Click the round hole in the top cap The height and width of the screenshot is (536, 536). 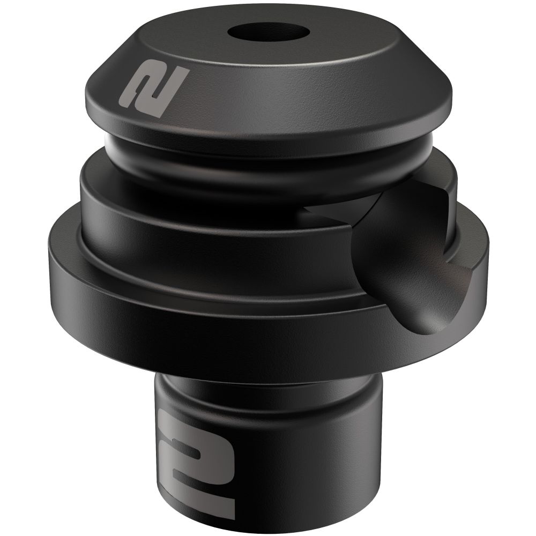[269, 33]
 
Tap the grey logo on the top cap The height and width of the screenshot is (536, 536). [152, 89]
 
